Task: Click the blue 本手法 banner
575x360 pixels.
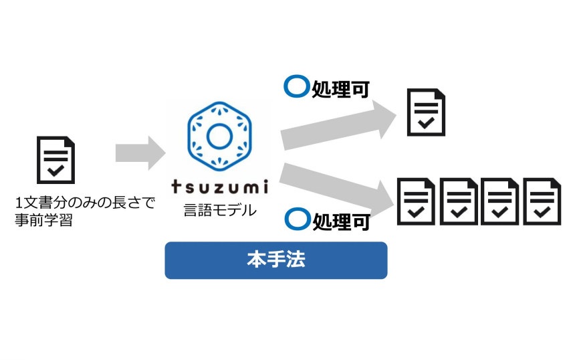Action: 275,260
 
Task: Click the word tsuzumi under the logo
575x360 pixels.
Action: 219,185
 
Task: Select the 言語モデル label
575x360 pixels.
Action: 219,209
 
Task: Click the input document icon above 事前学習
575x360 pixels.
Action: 55,159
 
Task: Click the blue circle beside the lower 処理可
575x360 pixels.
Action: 295,218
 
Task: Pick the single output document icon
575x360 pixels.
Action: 427,112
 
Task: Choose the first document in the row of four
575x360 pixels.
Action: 417,201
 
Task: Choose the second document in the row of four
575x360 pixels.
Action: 459,201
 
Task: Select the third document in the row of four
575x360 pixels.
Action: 500,201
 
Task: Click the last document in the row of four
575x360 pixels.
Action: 542,201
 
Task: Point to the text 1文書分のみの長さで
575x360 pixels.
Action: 84,202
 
